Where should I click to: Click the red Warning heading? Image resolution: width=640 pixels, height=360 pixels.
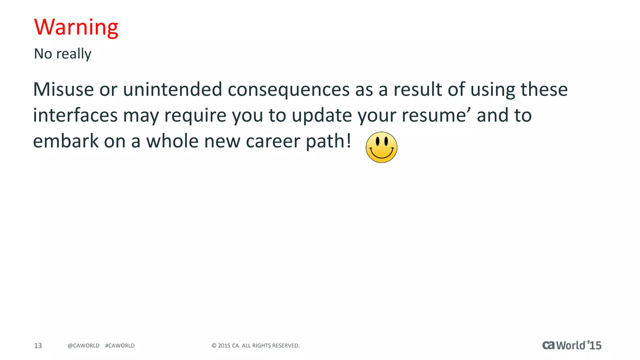(76, 27)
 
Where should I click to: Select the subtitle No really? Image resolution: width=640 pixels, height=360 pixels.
(62, 54)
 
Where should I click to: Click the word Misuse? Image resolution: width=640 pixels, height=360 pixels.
(63, 89)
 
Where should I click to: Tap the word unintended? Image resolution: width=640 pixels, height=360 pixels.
(172, 89)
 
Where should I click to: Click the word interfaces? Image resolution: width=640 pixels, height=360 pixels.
(75, 115)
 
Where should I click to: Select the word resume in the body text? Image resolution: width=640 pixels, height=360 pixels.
(437, 115)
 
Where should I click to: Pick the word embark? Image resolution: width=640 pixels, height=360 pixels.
(66, 141)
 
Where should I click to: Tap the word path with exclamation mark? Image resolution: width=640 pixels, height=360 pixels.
(328, 141)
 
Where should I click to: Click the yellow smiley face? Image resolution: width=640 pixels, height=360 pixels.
(381, 147)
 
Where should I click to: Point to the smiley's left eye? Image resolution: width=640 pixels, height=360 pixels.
(377, 142)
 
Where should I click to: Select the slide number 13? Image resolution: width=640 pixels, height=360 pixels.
(38, 346)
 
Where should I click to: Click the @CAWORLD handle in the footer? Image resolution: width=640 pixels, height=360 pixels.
(83, 346)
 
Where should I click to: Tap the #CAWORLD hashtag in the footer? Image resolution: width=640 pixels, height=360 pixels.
(120, 346)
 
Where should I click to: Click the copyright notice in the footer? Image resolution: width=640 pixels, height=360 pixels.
(256, 346)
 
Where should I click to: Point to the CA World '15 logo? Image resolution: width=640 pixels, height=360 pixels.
(572, 345)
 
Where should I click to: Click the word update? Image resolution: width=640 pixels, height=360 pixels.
(322, 115)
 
